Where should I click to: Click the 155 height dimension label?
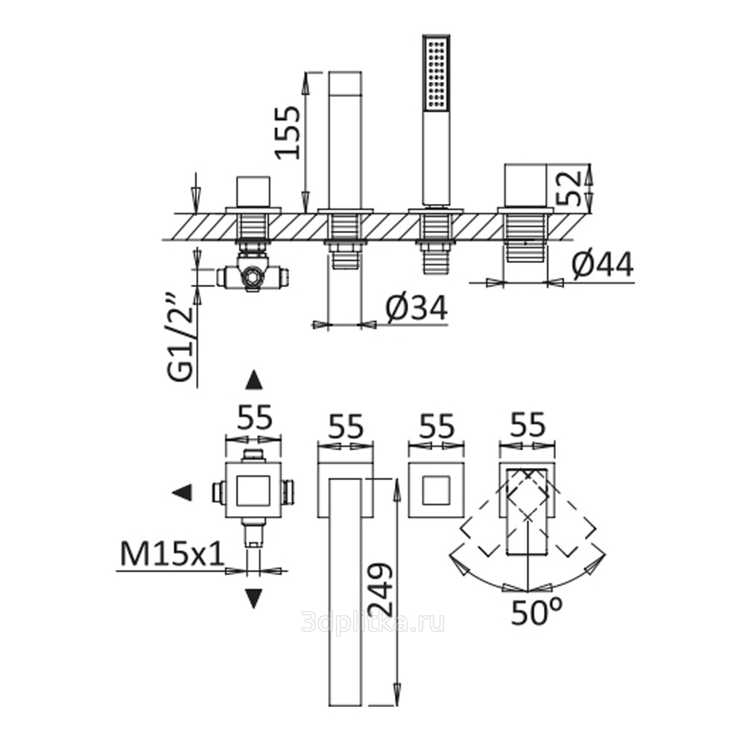pos(288,133)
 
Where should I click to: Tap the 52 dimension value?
pos(568,188)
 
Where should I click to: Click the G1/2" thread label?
pos(182,338)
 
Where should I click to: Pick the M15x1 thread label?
pos(172,554)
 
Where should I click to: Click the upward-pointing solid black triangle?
pos(254,380)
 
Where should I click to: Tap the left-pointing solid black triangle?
pos(182,492)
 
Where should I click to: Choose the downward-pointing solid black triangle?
pos(253,598)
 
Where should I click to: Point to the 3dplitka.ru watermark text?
pos(373,622)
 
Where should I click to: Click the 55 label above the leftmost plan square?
pos(255,418)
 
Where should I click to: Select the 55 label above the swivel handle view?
pos(528,425)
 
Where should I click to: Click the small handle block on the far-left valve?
pos(253,192)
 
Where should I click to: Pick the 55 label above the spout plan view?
pos(346,426)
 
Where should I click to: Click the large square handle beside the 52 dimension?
pos(526,186)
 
